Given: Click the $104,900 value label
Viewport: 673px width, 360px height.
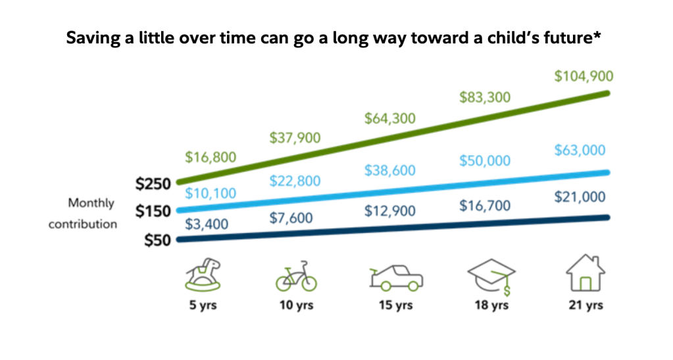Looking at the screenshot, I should (584, 76).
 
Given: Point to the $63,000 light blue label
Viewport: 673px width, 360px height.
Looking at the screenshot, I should (580, 150).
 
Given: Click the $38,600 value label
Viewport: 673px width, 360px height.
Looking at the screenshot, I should (390, 170).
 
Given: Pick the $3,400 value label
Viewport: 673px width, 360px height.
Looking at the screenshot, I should (207, 224).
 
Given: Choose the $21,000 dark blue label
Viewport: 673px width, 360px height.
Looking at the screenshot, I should (580, 197).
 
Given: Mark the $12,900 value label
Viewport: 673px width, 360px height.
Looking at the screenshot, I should (390, 212).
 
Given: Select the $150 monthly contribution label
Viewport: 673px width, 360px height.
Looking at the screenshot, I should (153, 211).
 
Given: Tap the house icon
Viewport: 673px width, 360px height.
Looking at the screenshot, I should (585, 273).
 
